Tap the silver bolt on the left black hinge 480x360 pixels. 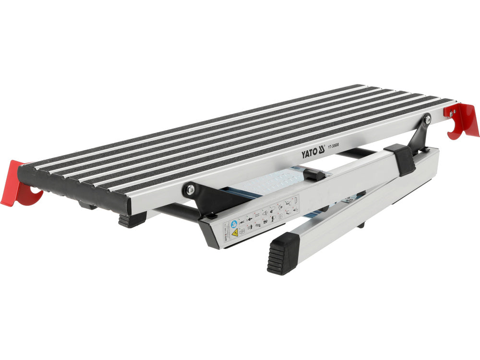[191, 190]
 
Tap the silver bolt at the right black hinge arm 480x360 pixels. [427, 119]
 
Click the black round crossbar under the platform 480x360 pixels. [178, 211]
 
